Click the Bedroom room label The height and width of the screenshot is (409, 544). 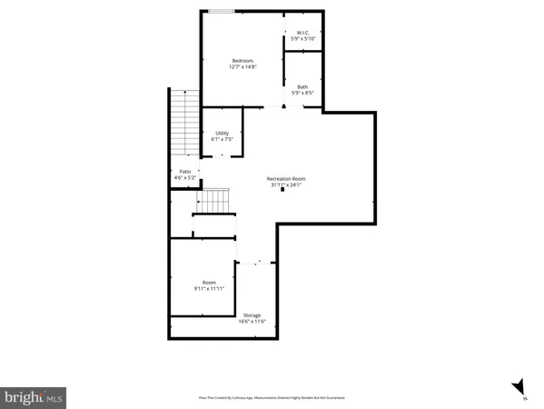[242, 61]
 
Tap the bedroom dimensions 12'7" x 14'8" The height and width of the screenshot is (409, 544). [242, 67]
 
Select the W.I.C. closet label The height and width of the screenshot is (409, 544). [302, 34]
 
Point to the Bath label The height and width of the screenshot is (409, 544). [302, 87]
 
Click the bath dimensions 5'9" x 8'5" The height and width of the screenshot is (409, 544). [302, 94]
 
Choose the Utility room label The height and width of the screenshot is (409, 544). [222, 134]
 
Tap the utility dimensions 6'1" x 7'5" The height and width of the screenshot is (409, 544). [222, 140]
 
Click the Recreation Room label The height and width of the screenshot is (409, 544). [286, 179]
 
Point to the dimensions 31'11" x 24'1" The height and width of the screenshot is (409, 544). [286, 185]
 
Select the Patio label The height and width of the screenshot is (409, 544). [184, 172]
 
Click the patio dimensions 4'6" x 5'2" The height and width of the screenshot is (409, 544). [184, 178]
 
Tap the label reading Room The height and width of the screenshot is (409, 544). [209, 282]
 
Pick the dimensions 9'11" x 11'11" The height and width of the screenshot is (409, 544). [209, 288]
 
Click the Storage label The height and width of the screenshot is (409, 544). [252, 315]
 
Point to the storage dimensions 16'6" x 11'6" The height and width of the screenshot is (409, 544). [252, 322]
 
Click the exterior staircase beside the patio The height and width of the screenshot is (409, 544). [184, 123]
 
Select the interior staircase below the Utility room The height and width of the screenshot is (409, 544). [214, 199]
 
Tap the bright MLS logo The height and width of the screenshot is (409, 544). [34, 396]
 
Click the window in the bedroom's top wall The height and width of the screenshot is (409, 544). [221, 12]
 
